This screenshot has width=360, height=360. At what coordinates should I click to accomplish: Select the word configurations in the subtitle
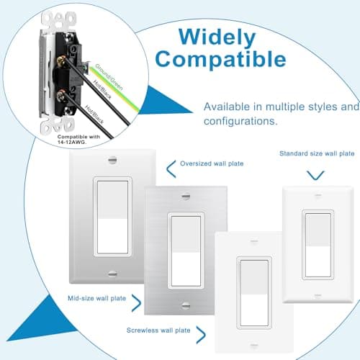[x=240, y=122]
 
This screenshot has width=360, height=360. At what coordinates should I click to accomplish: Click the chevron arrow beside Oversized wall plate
[x=171, y=168]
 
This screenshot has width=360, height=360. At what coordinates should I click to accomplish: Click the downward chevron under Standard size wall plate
[x=315, y=174]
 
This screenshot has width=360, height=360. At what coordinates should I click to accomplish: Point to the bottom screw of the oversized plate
[x=112, y=273]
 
